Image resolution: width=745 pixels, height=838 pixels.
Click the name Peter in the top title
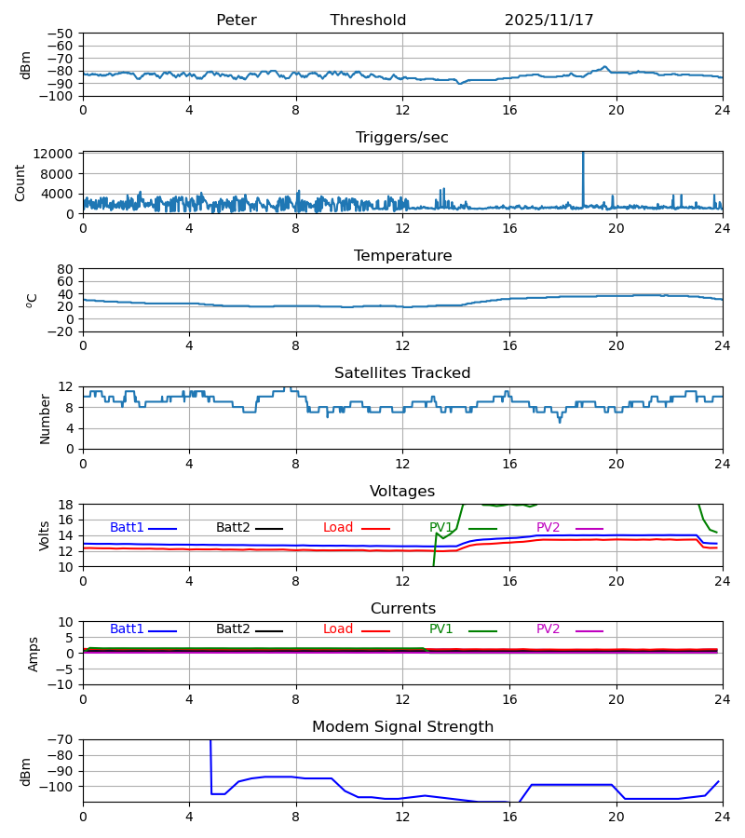pyautogui.click(x=236, y=20)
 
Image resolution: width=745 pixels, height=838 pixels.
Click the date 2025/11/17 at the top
pyautogui.click(x=549, y=20)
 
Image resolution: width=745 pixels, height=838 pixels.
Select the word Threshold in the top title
pyautogui.click(x=368, y=20)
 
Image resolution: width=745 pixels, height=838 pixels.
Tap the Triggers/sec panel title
pyautogui.click(x=402, y=138)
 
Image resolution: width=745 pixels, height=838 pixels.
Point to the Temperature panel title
pyautogui.click(x=402, y=256)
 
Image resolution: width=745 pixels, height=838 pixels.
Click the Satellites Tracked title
pyautogui.click(x=402, y=373)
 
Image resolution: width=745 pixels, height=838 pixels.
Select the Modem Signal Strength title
pyautogui.click(x=402, y=727)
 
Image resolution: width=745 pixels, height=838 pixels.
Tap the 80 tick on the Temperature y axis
pyautogui.click(x=66, y=269)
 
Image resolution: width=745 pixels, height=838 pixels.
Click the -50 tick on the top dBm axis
pyautogui.click(x=62, y=34)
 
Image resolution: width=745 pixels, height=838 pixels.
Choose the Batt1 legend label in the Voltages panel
pyautogui.click(x=127, y=528)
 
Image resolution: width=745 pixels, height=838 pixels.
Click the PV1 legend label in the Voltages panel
pyautogui.click(x=441, y=528)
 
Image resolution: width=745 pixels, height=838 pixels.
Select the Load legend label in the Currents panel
pyautogui.click(x=338, y=629)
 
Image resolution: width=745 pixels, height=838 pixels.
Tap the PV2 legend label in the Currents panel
pyautogui.click(x=549, y=629)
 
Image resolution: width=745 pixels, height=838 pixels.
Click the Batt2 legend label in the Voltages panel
pyautogui.click(x=233, y=528)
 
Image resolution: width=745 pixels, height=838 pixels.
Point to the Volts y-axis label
pyautogui.click(x=44, y=535)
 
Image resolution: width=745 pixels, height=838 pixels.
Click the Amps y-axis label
pyautogui.click(x=34, y=654)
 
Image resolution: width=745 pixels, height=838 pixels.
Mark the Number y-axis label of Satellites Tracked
pyautogui.click(x=46, y=418)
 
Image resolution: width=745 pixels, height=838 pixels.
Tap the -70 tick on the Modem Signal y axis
pyautogui.click(x=62, y=740)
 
